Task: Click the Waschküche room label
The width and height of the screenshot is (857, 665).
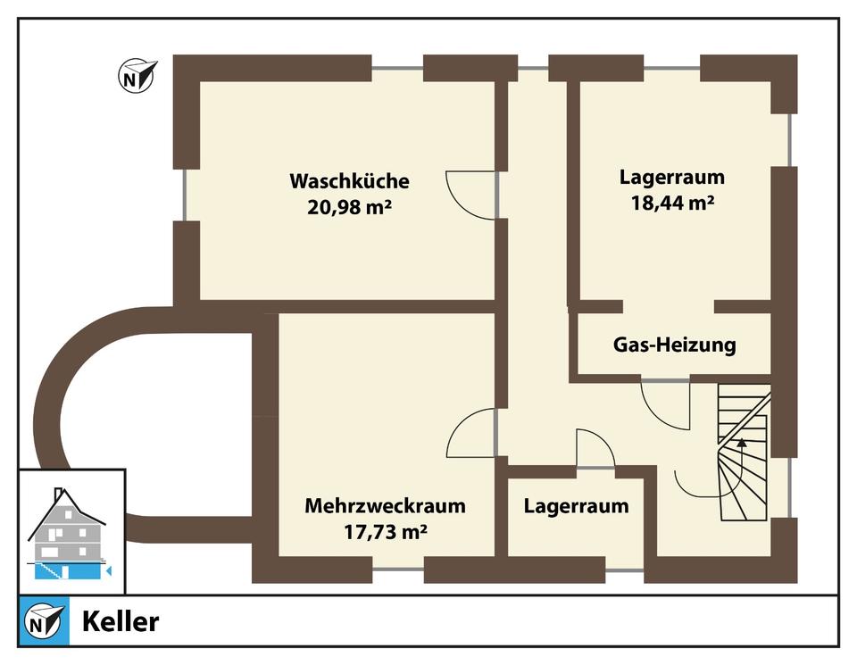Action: [x=349, y=181]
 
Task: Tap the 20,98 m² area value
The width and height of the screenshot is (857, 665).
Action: [x=349, y=208]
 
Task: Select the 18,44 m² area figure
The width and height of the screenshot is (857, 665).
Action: [x=672, y=202]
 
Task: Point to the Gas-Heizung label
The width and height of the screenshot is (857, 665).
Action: [x=674, y=345]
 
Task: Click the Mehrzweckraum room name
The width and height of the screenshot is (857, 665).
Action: [x=385, y=506]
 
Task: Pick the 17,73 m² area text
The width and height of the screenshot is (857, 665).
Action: [x=385, y=533]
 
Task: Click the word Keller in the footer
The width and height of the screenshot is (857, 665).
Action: [x=121, y=621]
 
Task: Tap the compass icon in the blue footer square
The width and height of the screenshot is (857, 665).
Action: [x=44, y=620]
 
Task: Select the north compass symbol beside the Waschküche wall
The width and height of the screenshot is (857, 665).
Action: [x=137, y=76]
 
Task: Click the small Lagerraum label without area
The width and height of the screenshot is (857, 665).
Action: [x=576, y=506]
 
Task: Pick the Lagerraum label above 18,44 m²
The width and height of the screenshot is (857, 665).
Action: [x=672, y=176]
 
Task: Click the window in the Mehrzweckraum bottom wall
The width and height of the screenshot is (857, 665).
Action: [x=397, y=569]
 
